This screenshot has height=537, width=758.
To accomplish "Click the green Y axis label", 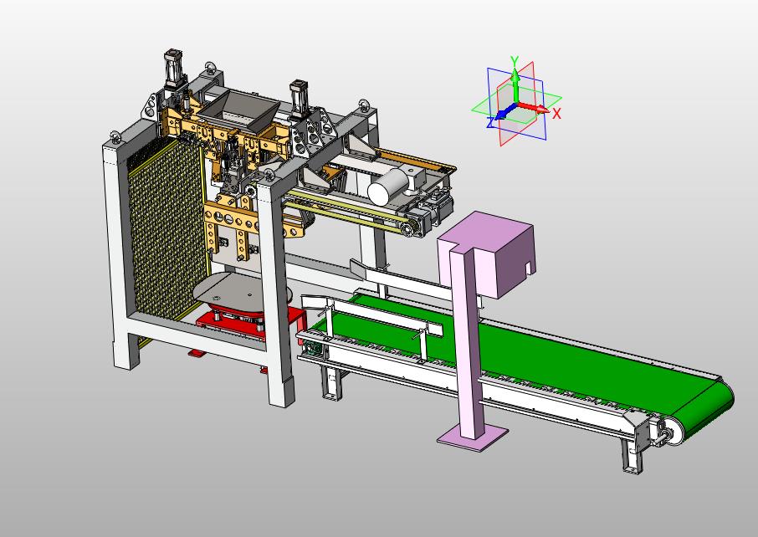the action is (515, 61).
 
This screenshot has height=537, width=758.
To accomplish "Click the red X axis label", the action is (556, 114).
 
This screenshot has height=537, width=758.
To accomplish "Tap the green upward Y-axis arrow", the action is (516, 85).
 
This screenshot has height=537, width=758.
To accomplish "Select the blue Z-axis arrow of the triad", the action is (504, 112).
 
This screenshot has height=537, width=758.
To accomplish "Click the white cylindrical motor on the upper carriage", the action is (388, 187).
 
